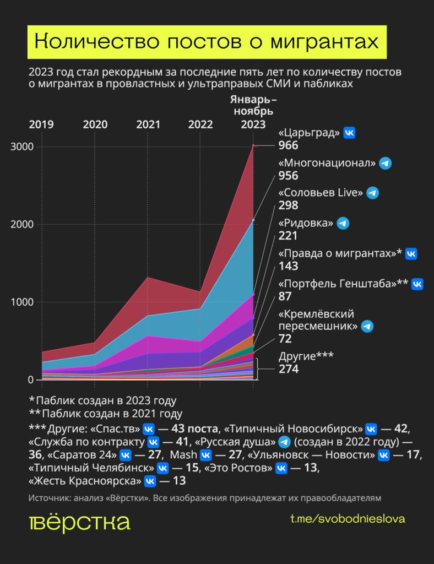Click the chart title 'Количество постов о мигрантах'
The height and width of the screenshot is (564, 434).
click(x=207, y=42)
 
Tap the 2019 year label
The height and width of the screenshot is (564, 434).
click(x=41, y=124)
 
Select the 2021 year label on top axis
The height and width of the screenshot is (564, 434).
click(x=148, y=124)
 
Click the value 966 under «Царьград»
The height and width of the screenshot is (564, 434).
click(x=288, y=146)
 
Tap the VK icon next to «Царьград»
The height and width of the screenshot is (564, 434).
click(x=349, y=133)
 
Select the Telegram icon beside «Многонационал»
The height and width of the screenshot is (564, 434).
click(x=386, y=164)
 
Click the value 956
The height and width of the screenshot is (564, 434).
click(x=288, y=176)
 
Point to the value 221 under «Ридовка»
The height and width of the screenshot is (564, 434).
click(x=287, y=236)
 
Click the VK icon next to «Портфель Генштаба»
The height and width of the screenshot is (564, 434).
click(x=417, y=284)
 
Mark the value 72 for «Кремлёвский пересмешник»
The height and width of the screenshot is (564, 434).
click(x=285, y=339)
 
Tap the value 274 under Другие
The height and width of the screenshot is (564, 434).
click(x=288, y=369)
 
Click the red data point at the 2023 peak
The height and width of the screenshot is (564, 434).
click(x=253, y=145)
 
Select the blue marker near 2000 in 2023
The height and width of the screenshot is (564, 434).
click(x=253, y=220)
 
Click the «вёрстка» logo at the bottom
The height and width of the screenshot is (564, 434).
click(x=79, y=524)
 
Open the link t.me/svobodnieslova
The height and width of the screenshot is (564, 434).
click(x=348, y=519)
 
